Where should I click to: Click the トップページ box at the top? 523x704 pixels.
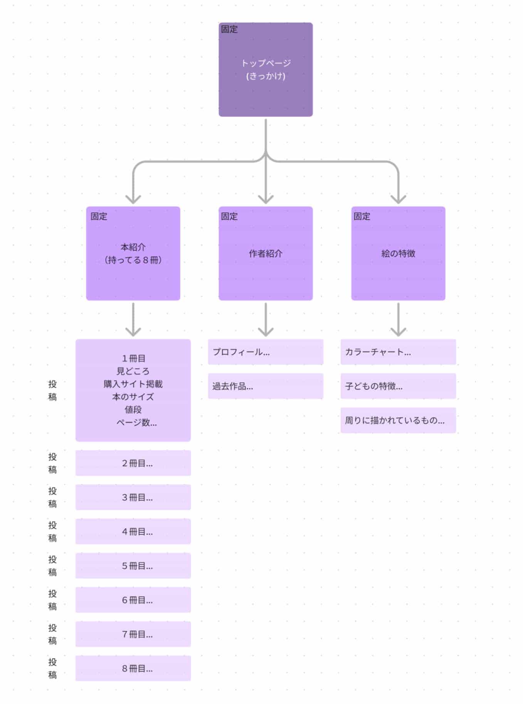pos(266,69)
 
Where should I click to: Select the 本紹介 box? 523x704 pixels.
pos(133,253)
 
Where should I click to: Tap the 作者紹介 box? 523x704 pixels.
pos(266,253)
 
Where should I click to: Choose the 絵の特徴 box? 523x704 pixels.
pos(398,253)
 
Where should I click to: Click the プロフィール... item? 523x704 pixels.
pos(266,352)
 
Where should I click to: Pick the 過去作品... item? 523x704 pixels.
pos(266,386)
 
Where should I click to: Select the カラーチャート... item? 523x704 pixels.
pos(398,352)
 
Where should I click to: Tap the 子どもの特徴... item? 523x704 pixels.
pos(398,386)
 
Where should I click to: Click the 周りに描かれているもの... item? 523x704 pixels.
pos(398,420)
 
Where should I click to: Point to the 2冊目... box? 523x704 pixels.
pos(133,463)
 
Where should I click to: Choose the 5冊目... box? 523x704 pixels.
pos(133,566)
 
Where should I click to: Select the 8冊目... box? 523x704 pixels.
pos(133,668)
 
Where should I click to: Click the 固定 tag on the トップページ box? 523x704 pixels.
pos(229,29)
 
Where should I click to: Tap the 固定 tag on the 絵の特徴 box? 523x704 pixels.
pos(362,216)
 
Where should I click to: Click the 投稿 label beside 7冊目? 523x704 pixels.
pos(52,634)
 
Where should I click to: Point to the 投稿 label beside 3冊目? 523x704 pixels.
pos(52,497)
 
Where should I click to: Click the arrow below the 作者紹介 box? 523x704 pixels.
pos(266,320)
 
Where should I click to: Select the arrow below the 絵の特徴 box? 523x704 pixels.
pos(398,320)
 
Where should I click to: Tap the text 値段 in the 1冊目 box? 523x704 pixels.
pos(133,409)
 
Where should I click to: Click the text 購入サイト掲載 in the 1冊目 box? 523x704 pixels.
pos(133,384)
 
